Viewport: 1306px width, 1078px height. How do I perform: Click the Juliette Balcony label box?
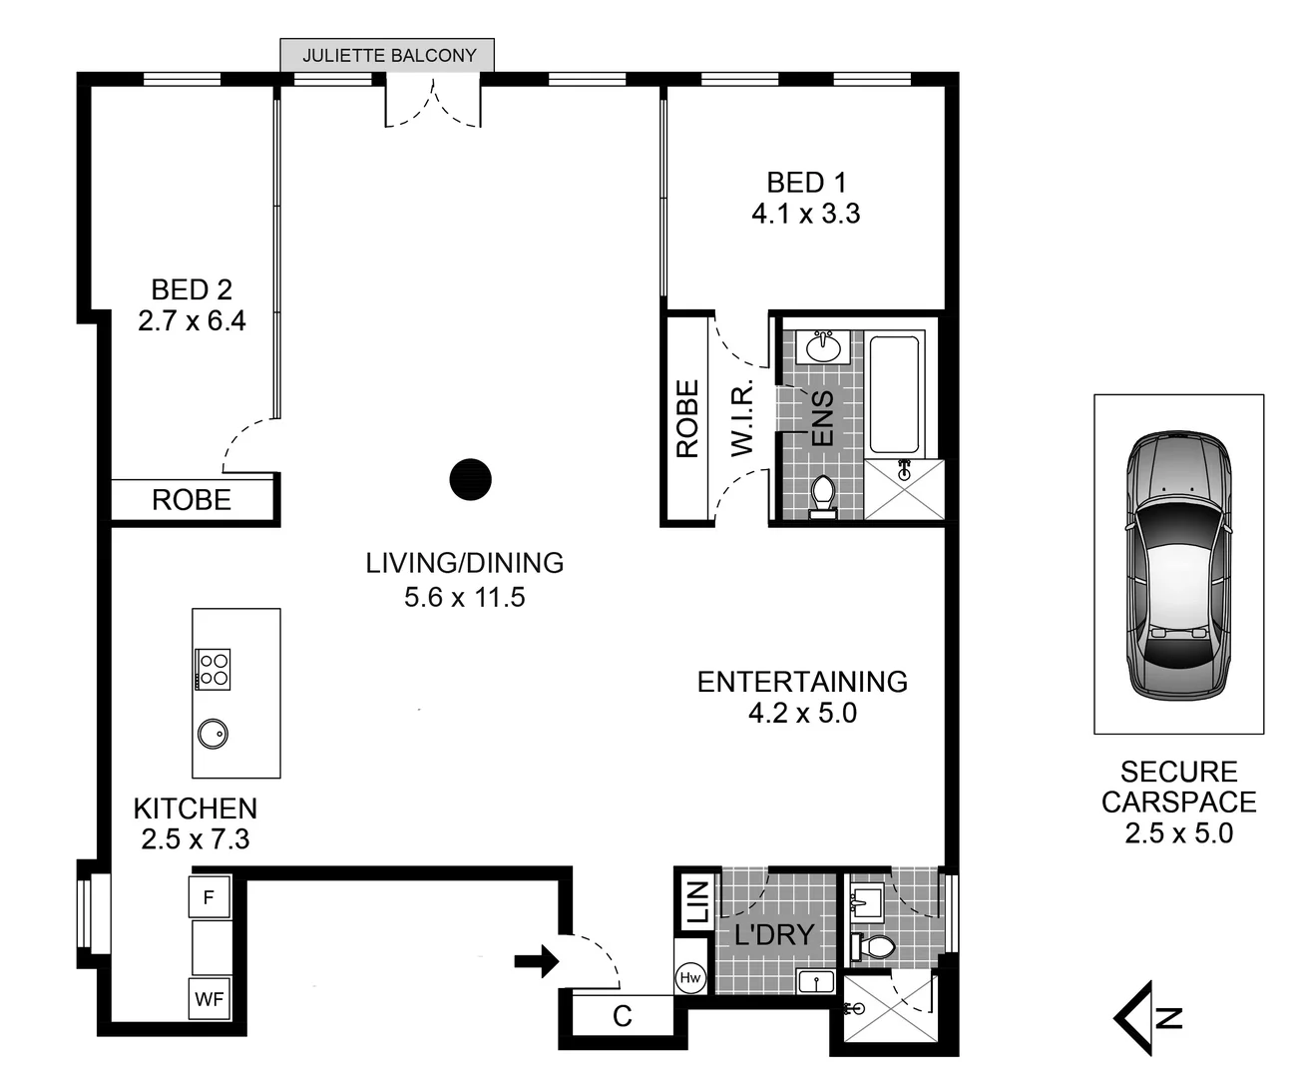click(388, 56)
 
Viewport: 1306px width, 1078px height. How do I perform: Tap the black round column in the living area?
click(470, 479)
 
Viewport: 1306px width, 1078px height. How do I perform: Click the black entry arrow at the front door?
click(536, 962)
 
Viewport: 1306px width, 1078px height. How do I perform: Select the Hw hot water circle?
click(689, 979)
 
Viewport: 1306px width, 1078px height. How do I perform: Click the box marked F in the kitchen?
click(210, 897)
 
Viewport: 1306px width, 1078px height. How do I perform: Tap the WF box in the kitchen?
click(210, 998)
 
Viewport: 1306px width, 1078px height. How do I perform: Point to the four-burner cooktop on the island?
click(214, 668)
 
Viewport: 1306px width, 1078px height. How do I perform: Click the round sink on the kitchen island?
click(213, 734)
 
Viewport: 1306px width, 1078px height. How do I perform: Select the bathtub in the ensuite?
click(894, 394)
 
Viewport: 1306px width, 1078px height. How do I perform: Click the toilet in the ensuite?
click(823, 495)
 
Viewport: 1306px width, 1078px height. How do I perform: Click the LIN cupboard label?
click(696, 901)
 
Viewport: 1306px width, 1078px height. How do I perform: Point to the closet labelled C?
click(622, 1017)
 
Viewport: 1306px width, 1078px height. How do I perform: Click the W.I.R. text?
click(742, 420)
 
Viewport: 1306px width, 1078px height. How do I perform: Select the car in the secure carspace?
click(1178, 566)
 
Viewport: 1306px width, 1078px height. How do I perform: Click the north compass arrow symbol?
click(1147, 1018)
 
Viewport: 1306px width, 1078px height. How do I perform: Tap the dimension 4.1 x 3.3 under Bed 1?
click(805, 214)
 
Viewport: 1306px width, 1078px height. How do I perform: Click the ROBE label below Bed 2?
click(192, 500)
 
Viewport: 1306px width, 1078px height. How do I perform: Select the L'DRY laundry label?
click(774, 935)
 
